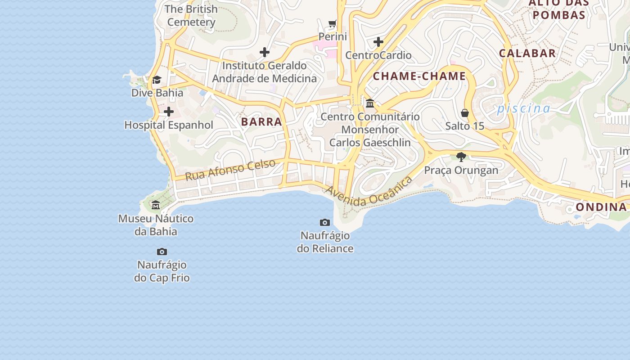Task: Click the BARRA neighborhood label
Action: point(261,121)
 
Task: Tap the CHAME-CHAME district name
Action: point(419,76)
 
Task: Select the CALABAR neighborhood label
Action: point(527,53)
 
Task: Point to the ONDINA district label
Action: point(601,207)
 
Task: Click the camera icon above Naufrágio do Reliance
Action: point(324,222)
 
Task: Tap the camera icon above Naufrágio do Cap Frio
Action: point(162,252)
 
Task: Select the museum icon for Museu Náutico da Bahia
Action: point(156,205)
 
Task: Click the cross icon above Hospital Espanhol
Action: point(169,111)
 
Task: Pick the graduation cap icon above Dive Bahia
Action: point(157,80)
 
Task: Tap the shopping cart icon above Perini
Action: point(333,23)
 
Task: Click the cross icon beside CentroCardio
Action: point(378,42)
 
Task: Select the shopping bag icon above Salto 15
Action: point(465,112)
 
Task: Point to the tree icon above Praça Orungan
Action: point(461,157)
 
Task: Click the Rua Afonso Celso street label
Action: point(230,170)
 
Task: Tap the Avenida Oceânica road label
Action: point(369,192)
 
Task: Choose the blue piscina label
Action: point(523,108)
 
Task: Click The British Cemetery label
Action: point(191,15)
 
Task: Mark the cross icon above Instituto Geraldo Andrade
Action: point(265,52)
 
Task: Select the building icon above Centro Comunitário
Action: point(370,103)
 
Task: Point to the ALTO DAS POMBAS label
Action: point(558,9)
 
